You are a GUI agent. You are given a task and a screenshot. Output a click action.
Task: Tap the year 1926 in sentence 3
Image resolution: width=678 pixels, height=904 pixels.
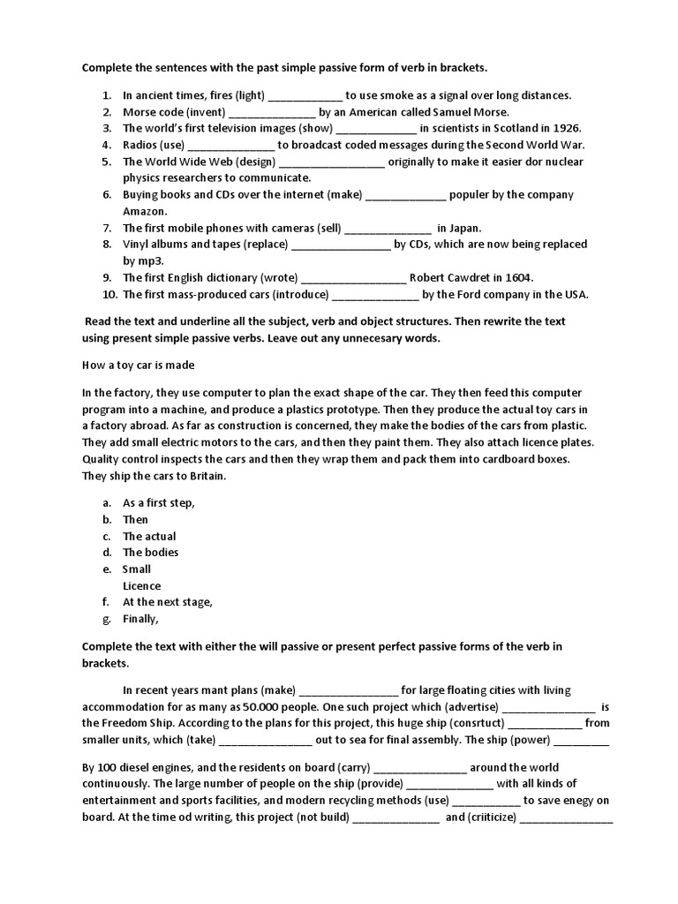coord(566,128)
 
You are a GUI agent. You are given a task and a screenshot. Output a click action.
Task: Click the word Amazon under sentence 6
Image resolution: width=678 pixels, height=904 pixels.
coord(145,211)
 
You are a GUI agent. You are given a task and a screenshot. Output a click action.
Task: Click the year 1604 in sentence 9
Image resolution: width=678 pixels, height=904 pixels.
coord(516,277)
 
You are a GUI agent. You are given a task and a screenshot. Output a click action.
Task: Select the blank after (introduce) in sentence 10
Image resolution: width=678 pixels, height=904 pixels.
coord(375,294)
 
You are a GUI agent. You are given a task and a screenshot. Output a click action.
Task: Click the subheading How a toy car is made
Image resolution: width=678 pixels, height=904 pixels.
coord(139,365)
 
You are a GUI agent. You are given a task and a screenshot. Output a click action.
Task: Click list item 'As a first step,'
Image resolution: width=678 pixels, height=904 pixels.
coord(159,502)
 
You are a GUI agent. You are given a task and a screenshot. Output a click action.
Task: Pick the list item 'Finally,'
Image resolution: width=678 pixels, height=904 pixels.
coord(141,619)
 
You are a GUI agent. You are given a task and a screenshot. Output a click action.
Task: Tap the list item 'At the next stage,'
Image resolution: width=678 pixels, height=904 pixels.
coord(168,602)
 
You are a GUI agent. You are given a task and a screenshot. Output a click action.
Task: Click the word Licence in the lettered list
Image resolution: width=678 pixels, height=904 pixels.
coord(142,585)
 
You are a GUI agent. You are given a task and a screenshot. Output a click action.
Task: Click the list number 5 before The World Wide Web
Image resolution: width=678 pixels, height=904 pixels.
coord(105,162)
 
